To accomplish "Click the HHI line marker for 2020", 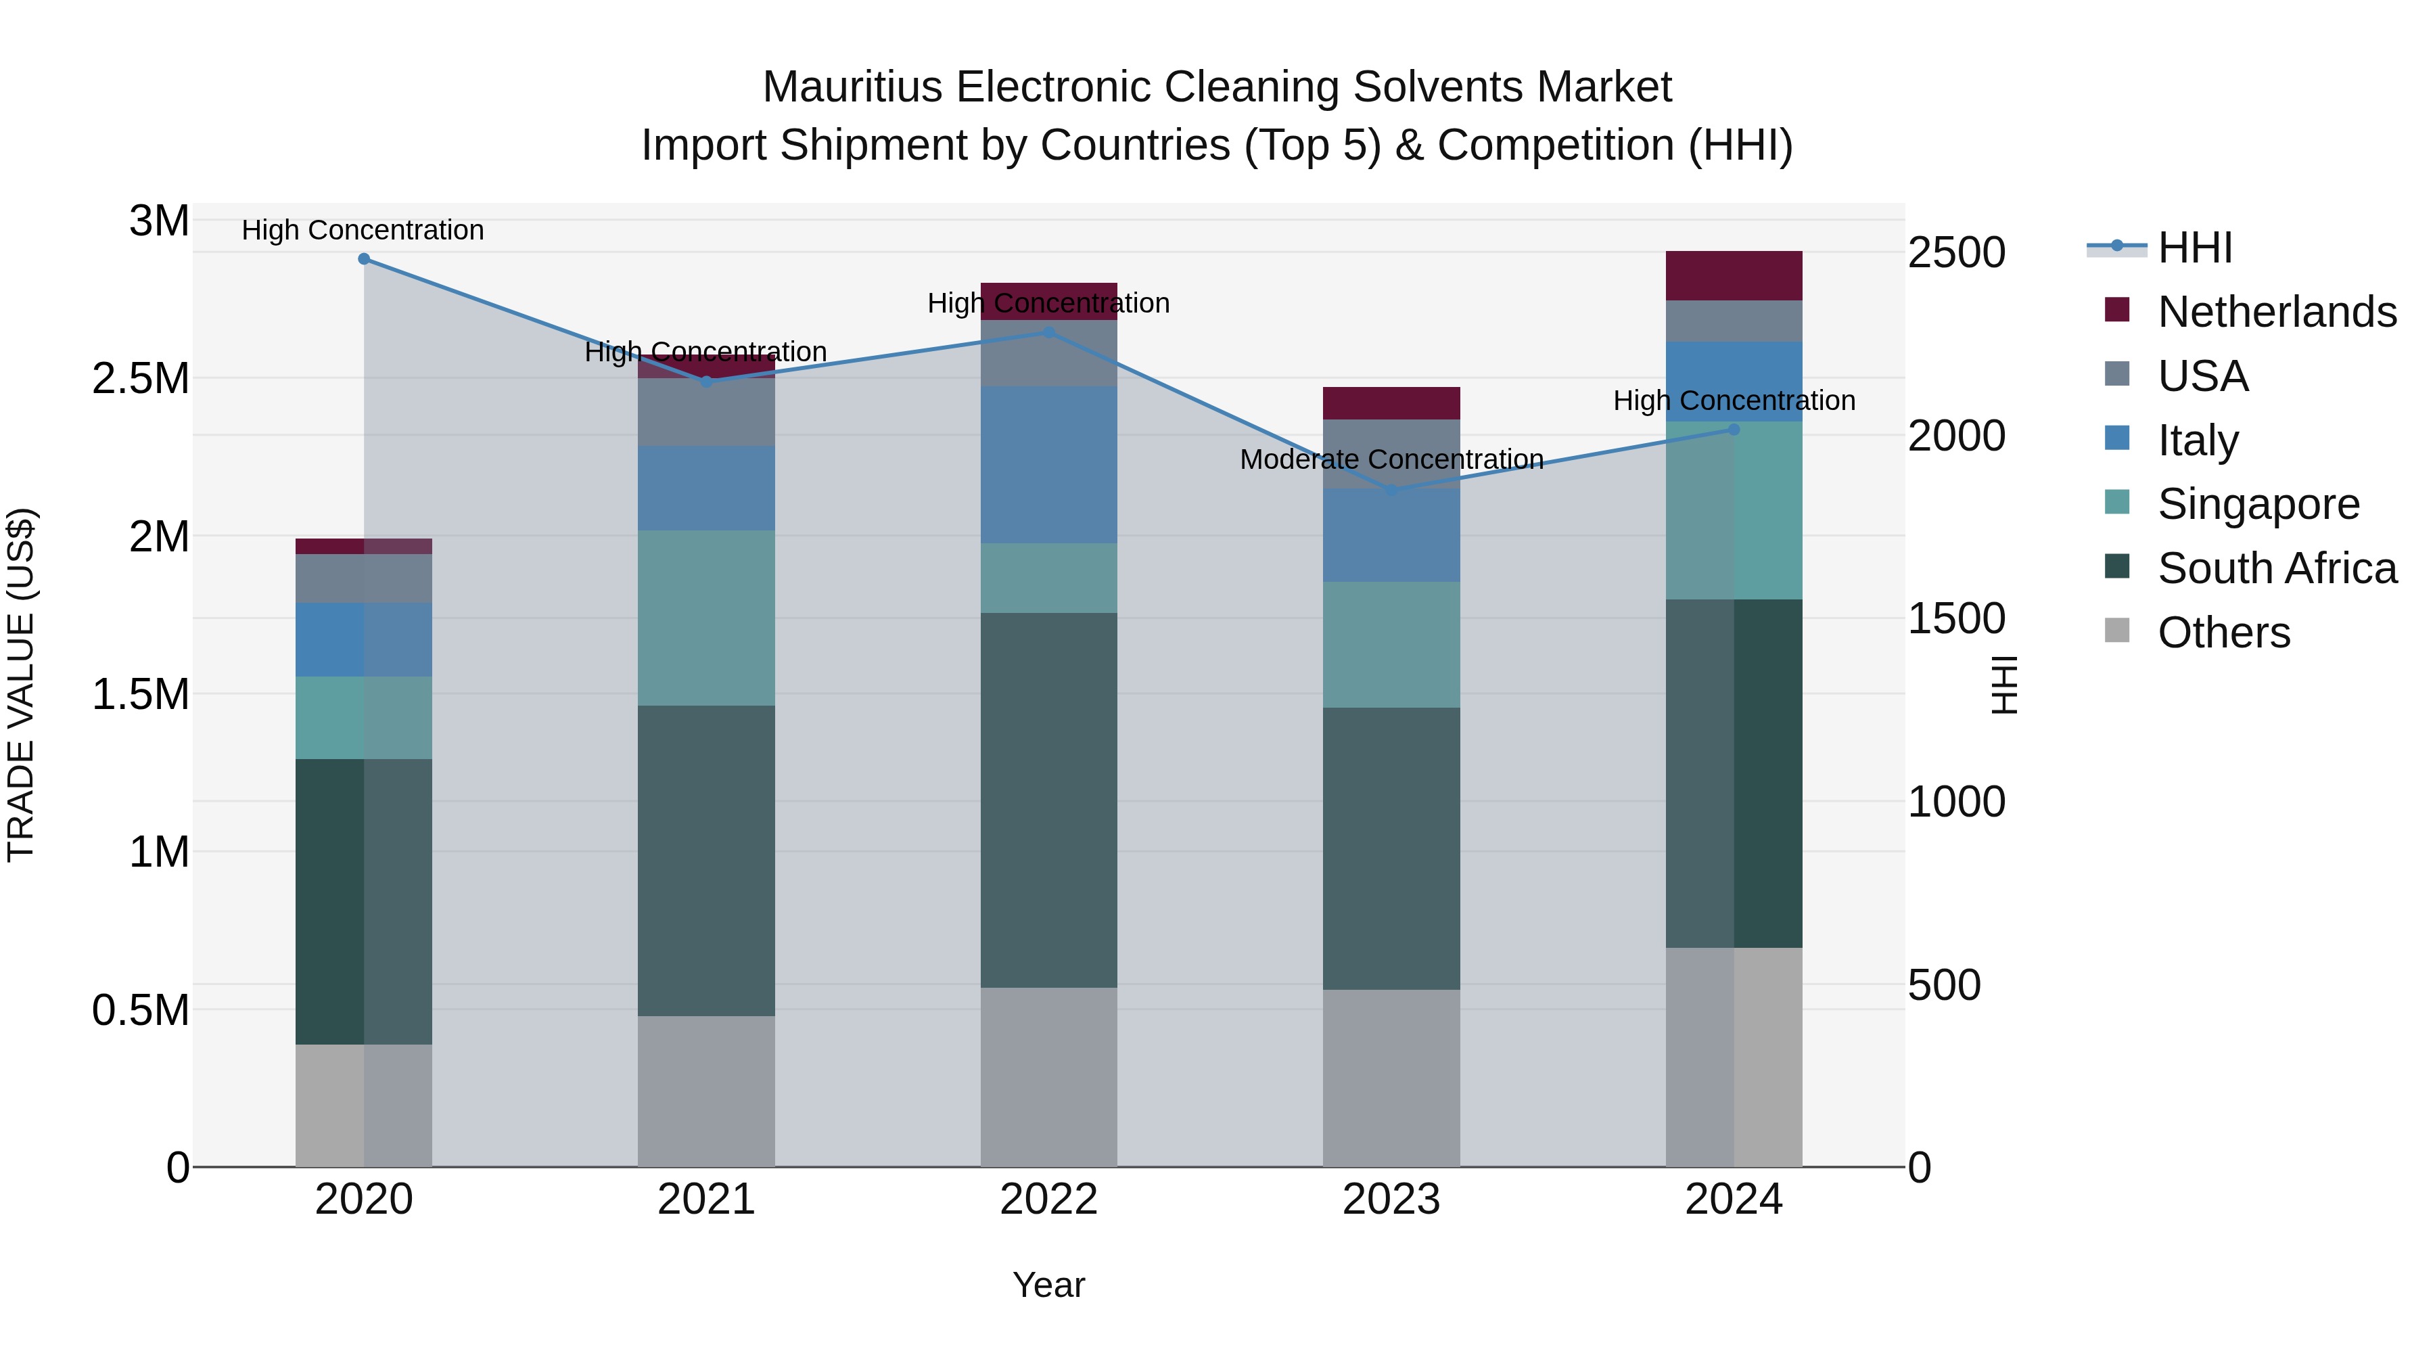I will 364,259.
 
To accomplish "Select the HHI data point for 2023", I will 1391,490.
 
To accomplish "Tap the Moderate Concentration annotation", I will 1391,459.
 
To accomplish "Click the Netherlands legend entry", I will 2276,312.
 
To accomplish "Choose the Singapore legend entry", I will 2257,504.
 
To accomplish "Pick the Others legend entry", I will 2223,633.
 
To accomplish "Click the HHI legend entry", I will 2195,248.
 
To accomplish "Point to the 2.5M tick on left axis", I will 141,379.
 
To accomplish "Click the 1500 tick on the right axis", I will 1955,619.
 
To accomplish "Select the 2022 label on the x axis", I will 1048,1200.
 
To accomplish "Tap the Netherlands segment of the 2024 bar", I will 1734,276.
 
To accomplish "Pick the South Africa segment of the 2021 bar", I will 706,861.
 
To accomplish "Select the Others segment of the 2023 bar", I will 1391,1078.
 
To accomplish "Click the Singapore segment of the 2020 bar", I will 364,718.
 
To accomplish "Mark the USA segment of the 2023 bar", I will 1391,454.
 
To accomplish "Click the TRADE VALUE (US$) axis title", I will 22,685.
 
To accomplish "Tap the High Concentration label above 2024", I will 1734,401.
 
